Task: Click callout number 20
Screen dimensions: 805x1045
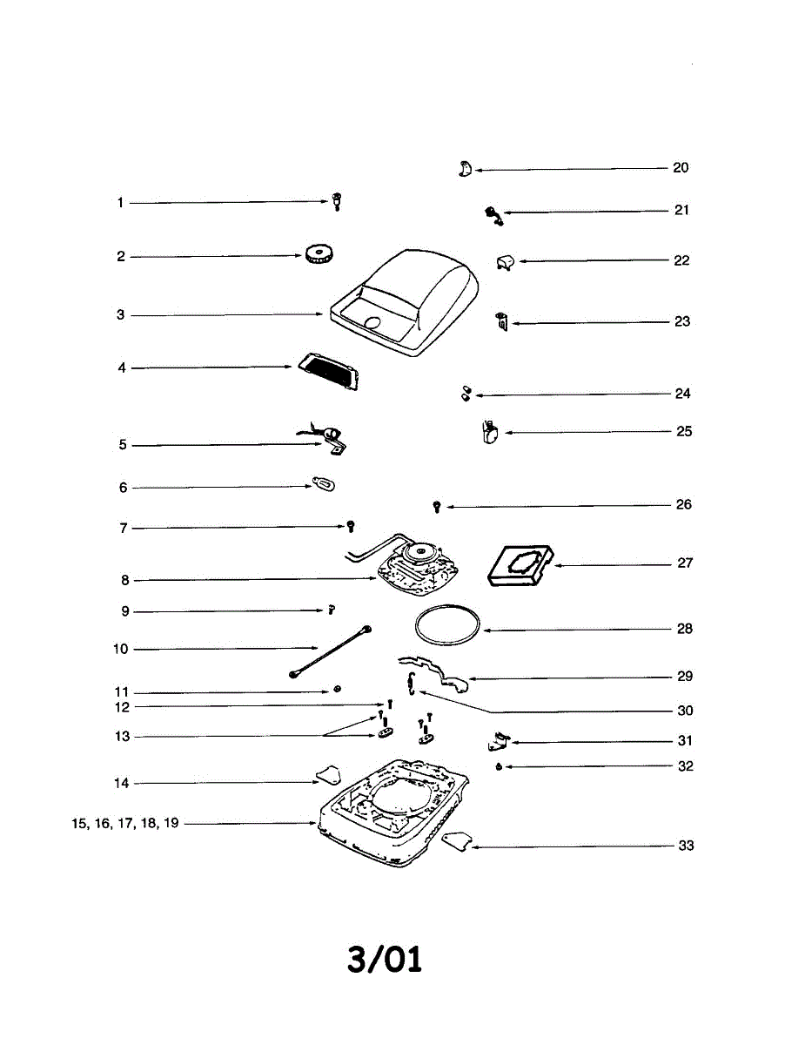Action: [681, 168]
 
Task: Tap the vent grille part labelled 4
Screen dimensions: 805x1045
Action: [328, 373]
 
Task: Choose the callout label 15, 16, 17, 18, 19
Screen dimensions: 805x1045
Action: [125, 823]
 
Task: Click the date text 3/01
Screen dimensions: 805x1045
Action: [384, 960]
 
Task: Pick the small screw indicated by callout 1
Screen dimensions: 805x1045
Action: [336, 203]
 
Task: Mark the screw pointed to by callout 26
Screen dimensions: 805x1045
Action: [437, 506]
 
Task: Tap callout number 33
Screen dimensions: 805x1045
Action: [686, 846]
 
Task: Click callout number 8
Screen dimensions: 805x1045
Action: [125, 580]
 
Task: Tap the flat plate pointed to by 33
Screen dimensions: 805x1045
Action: [457, 840]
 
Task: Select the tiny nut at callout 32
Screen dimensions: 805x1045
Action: [497, 767]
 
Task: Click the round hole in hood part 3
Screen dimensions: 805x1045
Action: [372, 323]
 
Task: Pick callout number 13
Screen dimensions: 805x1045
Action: [123, 737]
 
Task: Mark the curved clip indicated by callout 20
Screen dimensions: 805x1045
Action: [464, 169]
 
